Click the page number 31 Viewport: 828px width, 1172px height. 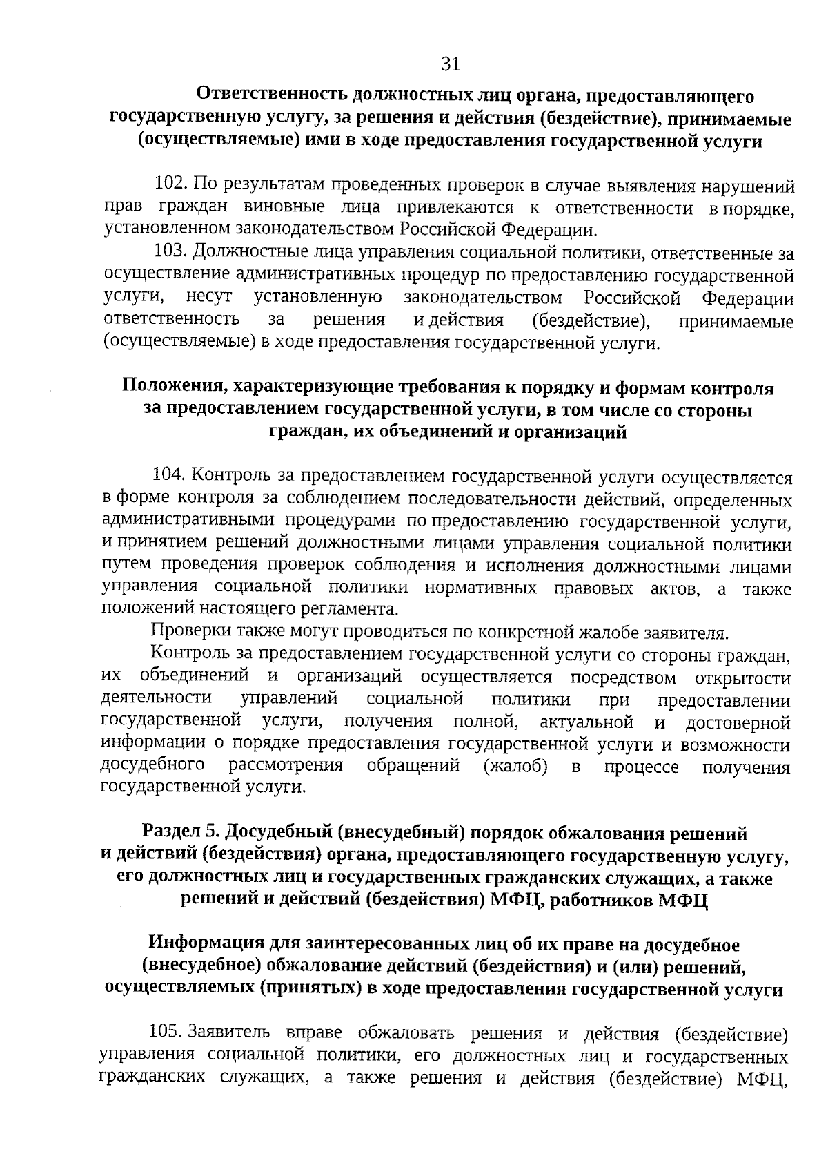[x=450, y=65]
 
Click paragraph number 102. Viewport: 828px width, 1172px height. [x=171, y=185]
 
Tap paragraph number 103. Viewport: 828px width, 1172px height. [x=171, y=253]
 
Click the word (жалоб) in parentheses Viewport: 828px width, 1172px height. [x=516, y=766]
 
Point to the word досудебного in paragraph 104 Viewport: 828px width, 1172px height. [x=152, y=766]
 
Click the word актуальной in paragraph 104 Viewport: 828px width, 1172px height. [x=586, y=722]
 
